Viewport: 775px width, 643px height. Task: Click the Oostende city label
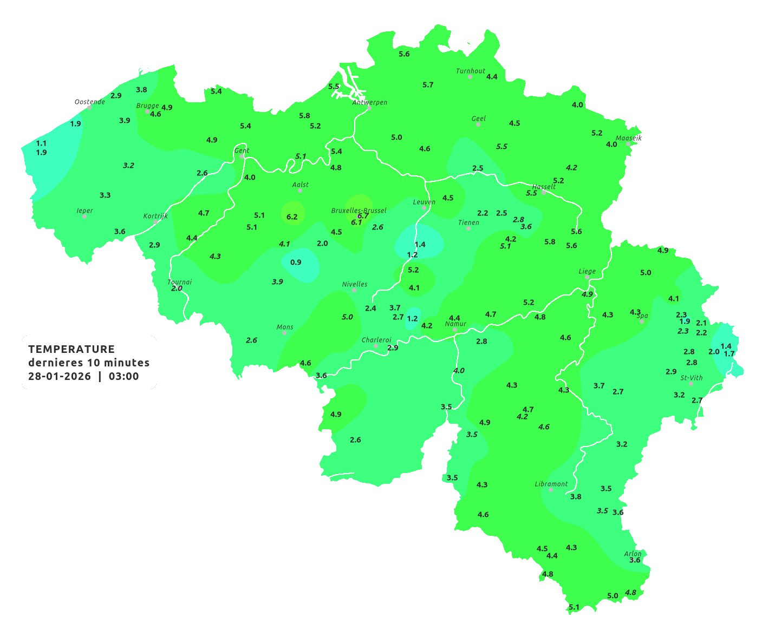[x=89, y=102]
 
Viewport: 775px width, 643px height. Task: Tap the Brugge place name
[x=147, y=106]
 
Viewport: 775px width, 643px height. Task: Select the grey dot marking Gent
[x=242, y=156]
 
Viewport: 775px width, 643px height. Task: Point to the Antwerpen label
[x=370, y=102]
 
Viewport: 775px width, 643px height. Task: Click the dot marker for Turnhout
[x=470, y=77]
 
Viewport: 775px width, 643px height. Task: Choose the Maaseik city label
[x=628, y=138]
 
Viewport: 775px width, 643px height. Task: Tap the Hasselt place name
[x=544, y=187]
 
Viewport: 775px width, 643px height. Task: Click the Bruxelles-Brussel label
[x=359, y=211]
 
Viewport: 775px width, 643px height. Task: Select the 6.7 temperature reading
[x=363, y=215]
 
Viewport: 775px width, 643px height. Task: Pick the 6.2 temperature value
[x=292, y=217]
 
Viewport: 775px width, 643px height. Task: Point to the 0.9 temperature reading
[x=296, y=263]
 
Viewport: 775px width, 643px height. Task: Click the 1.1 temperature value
[x=41, y=143]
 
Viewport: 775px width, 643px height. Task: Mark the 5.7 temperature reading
[x=428, y=85]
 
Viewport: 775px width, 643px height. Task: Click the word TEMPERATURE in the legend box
[x=71, y=349]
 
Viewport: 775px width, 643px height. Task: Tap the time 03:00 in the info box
[x=123, y=377]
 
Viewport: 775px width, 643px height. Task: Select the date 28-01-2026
[x=60, y=377]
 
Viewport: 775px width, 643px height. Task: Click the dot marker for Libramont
[x=551, y=490]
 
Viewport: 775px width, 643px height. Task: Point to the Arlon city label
[x=633, y=554]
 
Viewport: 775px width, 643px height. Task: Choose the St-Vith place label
[x=692, y=378]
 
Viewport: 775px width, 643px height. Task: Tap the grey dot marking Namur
[x=455, y=330]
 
